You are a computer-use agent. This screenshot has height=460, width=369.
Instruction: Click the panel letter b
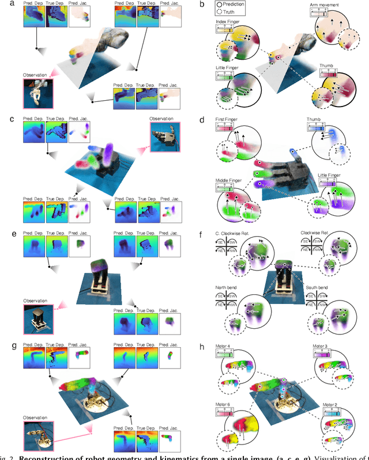pos(201,5)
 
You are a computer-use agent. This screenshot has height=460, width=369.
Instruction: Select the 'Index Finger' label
pos(230,21)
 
